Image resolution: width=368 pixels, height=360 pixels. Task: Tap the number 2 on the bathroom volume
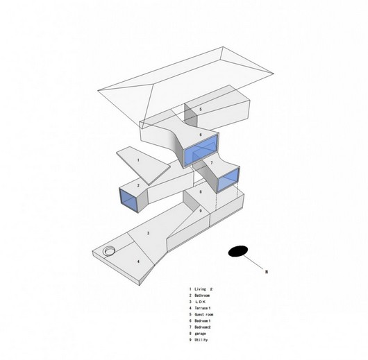point(138,185)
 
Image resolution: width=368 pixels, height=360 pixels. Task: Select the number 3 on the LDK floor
point(147,234)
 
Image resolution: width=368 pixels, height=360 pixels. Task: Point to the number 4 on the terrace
point(137,261)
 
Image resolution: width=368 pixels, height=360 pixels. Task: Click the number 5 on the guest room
point(200,110)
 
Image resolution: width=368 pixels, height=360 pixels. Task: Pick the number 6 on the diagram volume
point(200,135)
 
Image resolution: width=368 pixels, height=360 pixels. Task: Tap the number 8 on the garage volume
point(200,191)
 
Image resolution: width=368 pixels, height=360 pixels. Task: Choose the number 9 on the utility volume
point(200,210)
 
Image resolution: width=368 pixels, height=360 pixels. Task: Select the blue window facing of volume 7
point(227,180)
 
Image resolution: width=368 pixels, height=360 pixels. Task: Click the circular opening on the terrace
point(110,250)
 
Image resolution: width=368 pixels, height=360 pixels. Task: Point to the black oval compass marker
point(238,250)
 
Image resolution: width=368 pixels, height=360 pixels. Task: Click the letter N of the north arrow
point(267,273)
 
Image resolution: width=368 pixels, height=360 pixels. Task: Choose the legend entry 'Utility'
point(203,340)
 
